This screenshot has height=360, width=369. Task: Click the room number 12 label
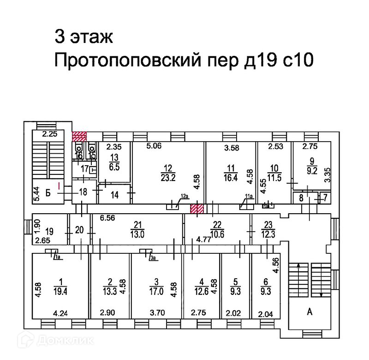[167, 168]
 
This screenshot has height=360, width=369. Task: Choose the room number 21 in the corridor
[137, 225]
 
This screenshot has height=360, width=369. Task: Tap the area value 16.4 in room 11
[224, 176]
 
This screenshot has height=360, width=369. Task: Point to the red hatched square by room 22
[197, 209]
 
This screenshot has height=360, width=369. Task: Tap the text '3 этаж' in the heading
[83, 36]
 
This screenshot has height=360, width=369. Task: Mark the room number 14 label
[115, 195]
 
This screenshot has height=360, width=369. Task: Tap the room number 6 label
[266, 282]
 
